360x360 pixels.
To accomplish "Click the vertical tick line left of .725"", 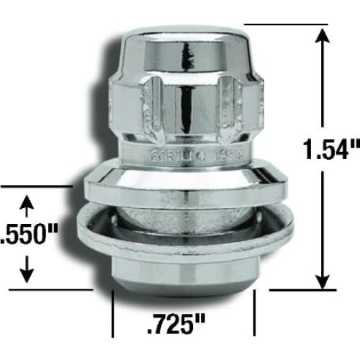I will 112,314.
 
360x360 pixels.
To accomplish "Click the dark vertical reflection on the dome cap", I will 189,58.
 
